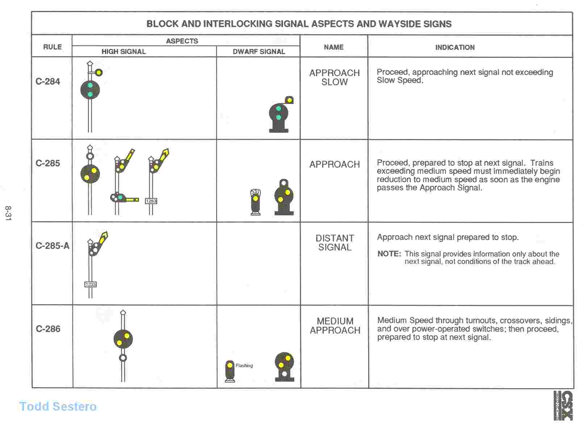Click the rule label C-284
click(x=47, y=81)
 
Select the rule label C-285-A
click(x=52, y=246)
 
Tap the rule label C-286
click(x=48, y=329)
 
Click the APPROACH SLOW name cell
click(x=334, y=77)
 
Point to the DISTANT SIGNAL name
click(x=334, y=243)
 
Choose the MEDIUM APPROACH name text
click(x=335, y=326)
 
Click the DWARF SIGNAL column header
click(x=259, y=51)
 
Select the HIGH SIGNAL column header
click(x=124, y=51)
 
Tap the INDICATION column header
click(x=455, y=47)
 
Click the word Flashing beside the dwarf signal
click(x=244, y=365)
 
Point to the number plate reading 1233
click(x=91, y=285)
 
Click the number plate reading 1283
click(x=151, y=201)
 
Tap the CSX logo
click(x=563, y=406)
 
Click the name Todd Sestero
click(x=58, y=406)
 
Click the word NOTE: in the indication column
click(x=389, y=253)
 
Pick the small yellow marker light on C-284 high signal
click(x=99, y=72)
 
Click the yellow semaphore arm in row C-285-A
click(x=103, y=239)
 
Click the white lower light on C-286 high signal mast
click(x=123, y=358)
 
